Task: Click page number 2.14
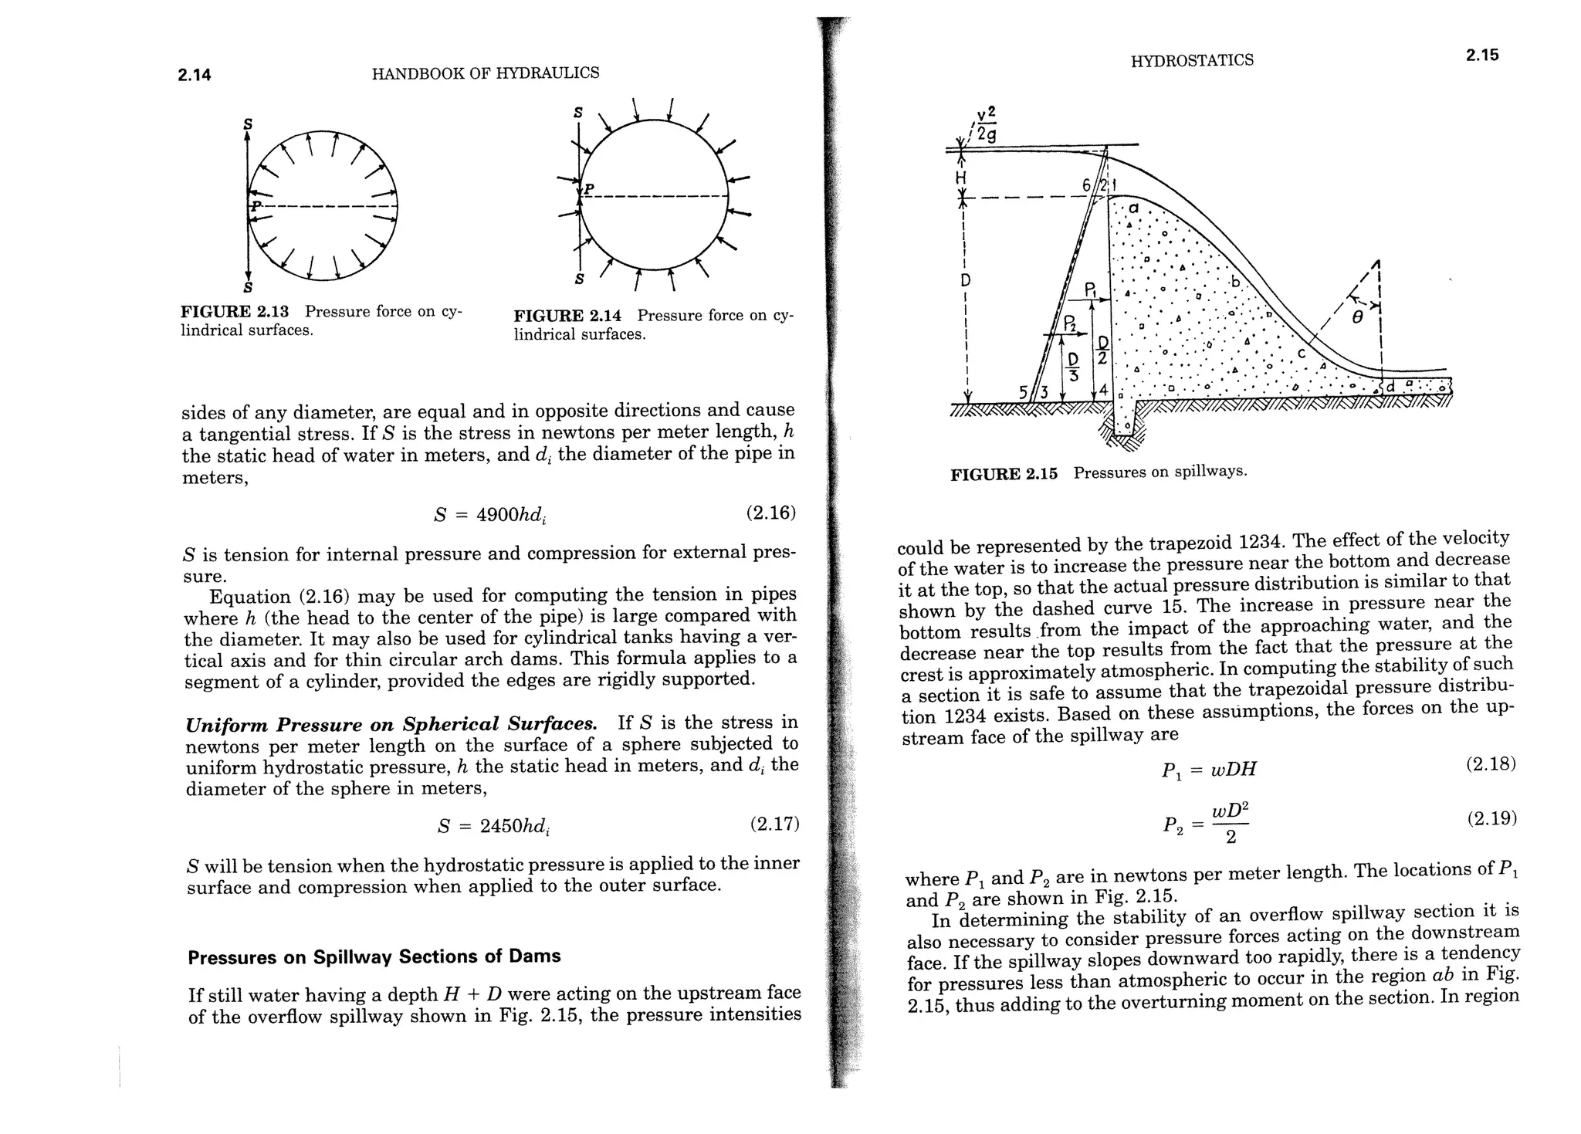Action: point(195,75)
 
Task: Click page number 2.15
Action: point(1482,55)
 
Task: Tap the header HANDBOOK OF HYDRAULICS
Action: point(485,73)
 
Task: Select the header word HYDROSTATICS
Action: point(1192,60)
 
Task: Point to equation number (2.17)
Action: point(774,824)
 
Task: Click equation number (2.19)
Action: point(1491,818)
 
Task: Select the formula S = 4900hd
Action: point(492,515)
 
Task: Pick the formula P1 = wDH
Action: point(1209,770)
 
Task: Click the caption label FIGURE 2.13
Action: point(234,312)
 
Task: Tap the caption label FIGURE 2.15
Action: point(1004,474)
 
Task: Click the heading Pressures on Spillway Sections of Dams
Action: point(374,956)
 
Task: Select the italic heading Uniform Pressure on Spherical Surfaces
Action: point(391,725)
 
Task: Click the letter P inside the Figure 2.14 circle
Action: point(589,189)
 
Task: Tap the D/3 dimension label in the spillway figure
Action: point(1073,367)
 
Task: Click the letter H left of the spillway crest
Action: point(961,178)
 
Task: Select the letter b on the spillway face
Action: point(1234,283)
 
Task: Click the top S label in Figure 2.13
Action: point(248,124)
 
